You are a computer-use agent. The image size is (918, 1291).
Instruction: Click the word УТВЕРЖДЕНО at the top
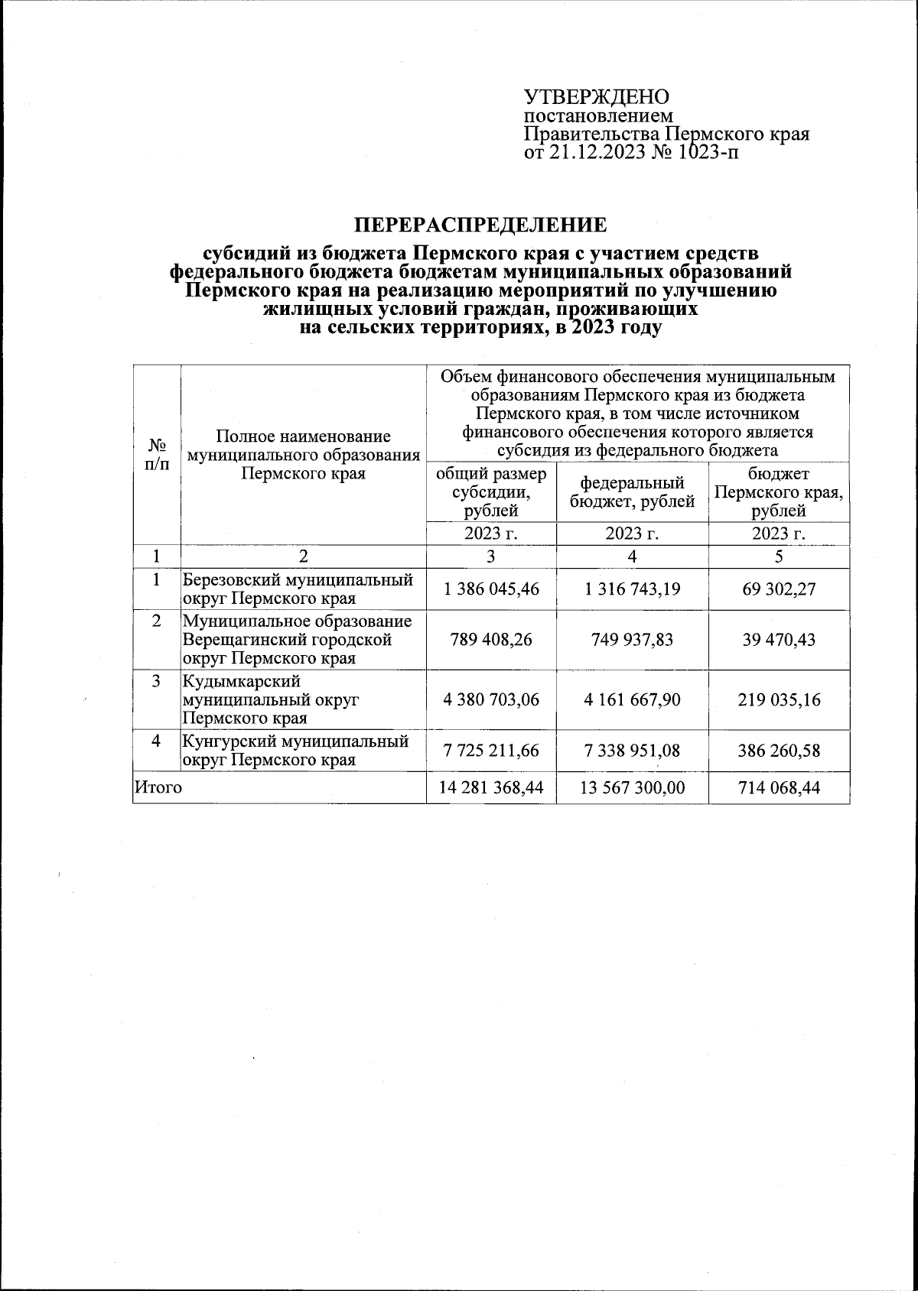tap(596, 97)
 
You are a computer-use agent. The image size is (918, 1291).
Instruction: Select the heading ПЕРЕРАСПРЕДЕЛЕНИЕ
tap(480, 225)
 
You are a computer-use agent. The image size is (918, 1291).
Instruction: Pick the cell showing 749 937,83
tap(632, 639)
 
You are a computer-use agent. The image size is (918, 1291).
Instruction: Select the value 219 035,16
tap(779, 699)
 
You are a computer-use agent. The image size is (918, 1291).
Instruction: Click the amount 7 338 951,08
tap(632, 751)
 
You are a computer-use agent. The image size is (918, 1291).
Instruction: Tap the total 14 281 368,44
tap(491, 787)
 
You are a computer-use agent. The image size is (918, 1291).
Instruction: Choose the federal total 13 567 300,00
tap(632, 787)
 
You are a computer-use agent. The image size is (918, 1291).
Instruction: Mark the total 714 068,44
tap(779, 787)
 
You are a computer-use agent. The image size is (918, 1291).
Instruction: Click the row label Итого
tap(158, 787)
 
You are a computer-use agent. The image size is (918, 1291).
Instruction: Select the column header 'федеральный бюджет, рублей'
tap(632, 491)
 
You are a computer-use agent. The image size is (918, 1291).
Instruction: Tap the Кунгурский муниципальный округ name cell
tap(302, 751)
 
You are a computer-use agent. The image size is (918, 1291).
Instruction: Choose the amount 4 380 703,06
tap(491, 699)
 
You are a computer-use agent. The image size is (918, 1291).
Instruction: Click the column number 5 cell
tap(779, 556)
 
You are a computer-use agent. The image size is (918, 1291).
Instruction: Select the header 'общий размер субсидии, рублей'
tap(491, 491)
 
